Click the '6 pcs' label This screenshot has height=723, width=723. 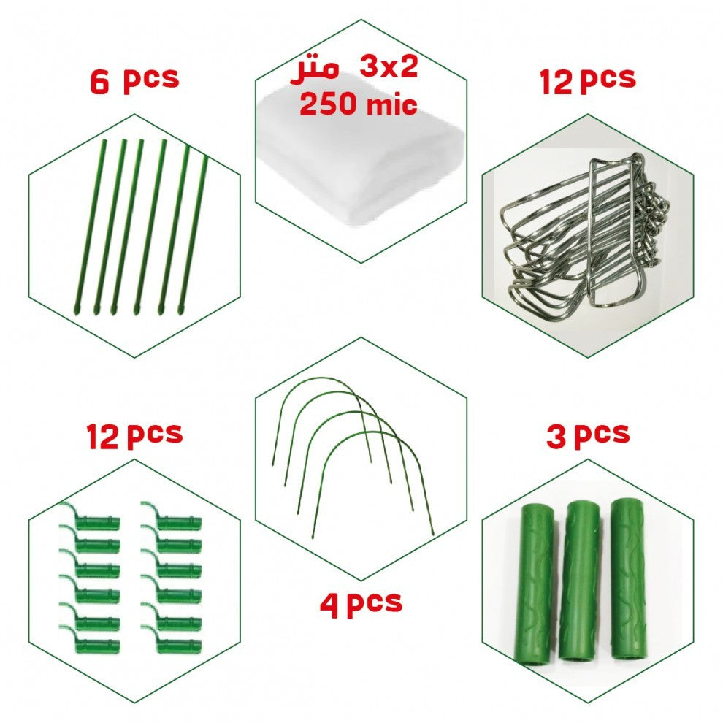[x=134, y=80]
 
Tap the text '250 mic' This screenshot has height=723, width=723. [x=359, y=104]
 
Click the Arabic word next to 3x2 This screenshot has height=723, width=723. [x=314, y=71]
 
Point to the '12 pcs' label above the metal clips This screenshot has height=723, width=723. [x=587, y=80]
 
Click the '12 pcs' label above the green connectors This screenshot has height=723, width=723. [x=134, y=435]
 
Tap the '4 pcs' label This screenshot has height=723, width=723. [x=361, y=603]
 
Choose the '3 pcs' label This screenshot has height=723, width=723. [x=588, y=435]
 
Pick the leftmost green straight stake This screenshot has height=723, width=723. [x=90, y=225]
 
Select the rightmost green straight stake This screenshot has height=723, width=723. [x=194, y=235]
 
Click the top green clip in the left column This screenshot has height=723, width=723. [x=90, y=517]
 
